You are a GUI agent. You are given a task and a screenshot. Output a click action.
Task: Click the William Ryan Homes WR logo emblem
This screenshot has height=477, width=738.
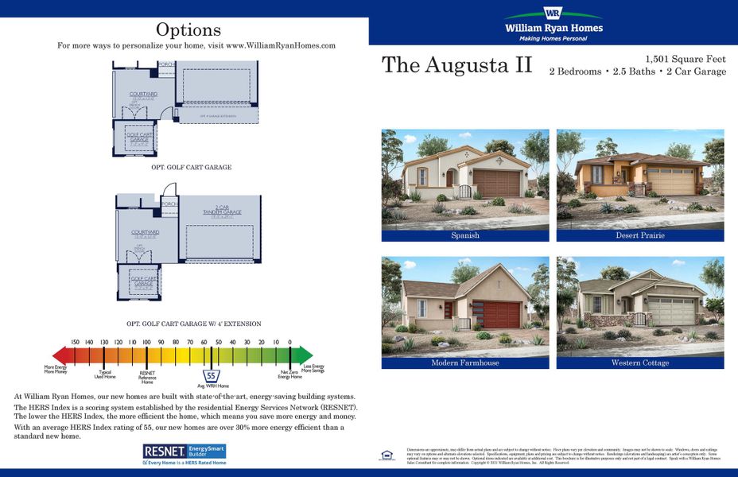point(553,14)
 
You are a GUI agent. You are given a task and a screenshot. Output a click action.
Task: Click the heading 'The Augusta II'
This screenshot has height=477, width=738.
point(456,65)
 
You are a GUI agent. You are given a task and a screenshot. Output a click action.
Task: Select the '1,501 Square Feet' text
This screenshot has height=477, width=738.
point(686,59)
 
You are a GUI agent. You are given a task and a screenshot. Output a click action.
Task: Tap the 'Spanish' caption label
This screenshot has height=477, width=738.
point(465,235)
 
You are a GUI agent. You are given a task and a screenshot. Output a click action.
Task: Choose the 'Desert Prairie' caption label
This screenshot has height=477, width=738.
point(639,235)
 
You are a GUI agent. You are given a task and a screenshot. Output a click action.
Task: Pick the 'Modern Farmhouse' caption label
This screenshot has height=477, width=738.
point(465,363)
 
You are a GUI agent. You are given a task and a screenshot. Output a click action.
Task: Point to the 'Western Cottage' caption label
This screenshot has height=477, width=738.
point(639,363)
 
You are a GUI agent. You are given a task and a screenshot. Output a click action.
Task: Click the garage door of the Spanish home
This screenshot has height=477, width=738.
point(496,184)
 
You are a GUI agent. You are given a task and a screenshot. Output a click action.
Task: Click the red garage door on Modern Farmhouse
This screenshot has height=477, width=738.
point(501,315)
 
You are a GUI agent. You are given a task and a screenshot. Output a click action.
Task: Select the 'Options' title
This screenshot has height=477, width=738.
point(188,30)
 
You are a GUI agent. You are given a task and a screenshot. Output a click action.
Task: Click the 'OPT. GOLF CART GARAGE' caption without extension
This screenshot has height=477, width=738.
point(191,168)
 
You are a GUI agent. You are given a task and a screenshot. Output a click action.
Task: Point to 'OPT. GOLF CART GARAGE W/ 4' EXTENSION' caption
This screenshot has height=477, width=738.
point(193,324)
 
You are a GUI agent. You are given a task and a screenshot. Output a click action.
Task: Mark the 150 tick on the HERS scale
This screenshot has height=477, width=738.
point(75,342)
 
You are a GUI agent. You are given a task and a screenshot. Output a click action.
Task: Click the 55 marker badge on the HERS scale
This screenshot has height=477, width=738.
point(212,375)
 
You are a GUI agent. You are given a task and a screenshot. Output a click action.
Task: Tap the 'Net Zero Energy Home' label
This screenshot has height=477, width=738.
point(289,374)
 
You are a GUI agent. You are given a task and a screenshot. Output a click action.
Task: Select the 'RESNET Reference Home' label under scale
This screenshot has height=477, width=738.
point(147,376)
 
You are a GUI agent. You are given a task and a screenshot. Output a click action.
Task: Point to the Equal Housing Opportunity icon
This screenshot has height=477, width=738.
point(386,456)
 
